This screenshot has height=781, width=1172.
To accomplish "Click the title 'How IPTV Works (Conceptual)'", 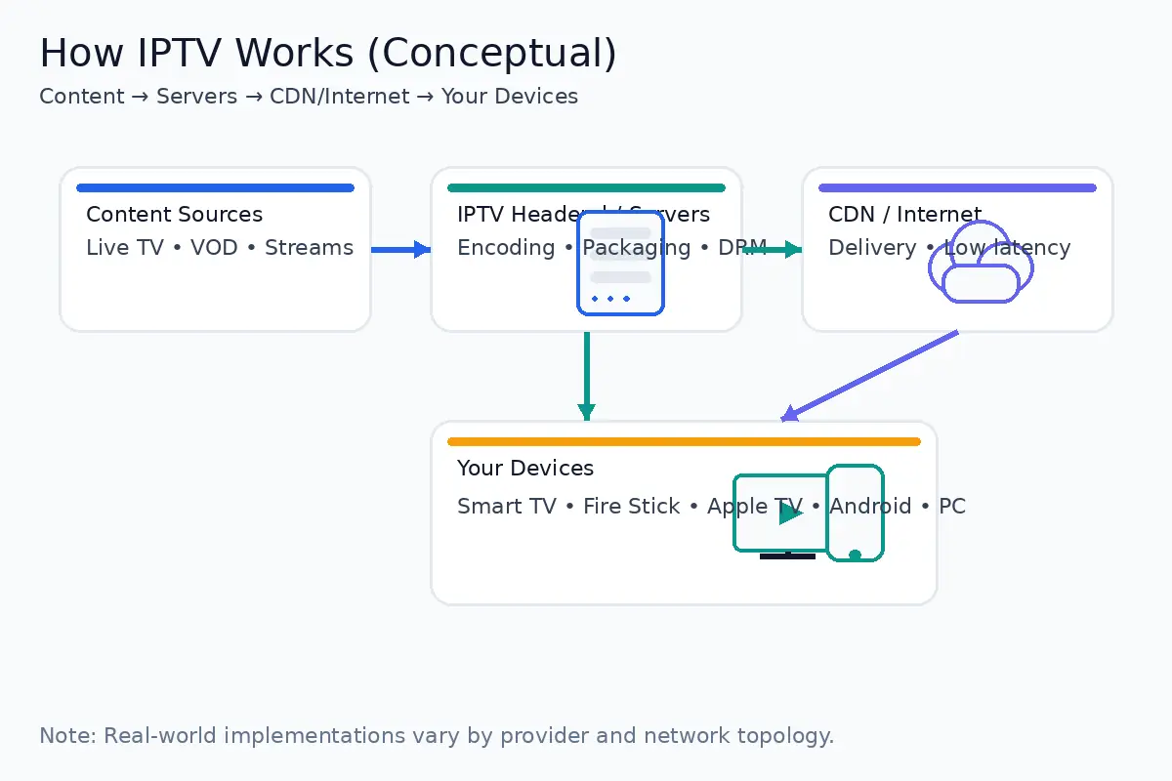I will (328, 53).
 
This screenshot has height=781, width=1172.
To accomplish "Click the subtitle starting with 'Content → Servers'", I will (309, 97).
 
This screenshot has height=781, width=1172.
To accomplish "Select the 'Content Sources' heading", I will (174, 215).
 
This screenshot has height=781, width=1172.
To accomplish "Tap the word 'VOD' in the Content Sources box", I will (214, 248).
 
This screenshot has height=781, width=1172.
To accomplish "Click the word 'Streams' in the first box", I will (309, 248).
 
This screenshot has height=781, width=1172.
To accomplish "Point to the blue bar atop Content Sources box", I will (215, 187).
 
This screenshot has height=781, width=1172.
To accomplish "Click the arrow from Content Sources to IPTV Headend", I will (400, 250).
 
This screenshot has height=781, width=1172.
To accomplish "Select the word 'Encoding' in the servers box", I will (506, 248).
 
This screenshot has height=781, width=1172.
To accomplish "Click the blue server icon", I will (621, 264).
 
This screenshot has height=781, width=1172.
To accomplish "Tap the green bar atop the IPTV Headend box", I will (586, 187).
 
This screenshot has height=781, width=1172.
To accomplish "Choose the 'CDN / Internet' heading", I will (904, 215).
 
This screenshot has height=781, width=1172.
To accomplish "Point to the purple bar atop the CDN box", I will (957, 187).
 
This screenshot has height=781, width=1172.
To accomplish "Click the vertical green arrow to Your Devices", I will (586, 376).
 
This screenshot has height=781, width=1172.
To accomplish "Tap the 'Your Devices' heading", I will (525, 469).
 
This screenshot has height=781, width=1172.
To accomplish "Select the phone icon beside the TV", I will (856, 513).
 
